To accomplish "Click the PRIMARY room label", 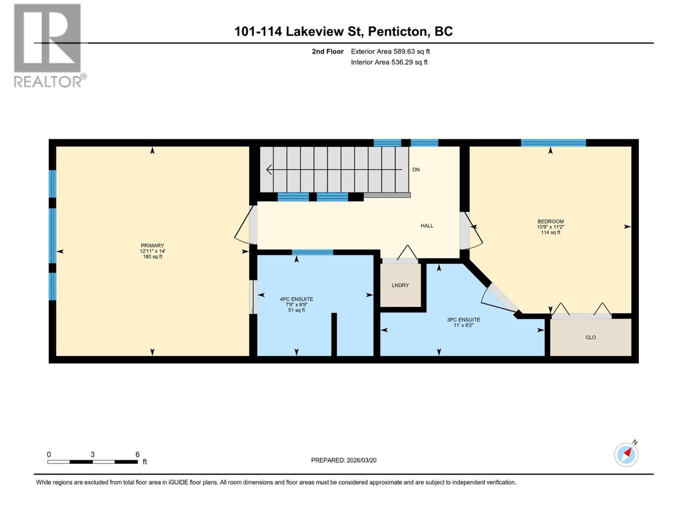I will (152, 246).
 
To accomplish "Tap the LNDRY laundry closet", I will (400, 285).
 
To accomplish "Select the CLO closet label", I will (590, 338).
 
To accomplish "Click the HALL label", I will (427, 226).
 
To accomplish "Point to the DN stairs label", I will (416, 170).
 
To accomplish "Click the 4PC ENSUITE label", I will (296, 299).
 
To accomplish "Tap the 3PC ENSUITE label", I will (463, 320).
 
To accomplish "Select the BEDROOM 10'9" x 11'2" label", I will (550, 227).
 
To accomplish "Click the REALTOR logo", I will (48, 45).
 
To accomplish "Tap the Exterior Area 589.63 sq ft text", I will (390, 52).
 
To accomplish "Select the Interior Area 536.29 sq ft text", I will (389, 62).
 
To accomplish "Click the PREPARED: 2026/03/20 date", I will (344, 460).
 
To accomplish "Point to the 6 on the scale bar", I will (138, 455).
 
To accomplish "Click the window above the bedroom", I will (553, 143).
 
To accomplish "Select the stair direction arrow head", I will (269, 170).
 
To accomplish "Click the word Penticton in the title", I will (399, 31).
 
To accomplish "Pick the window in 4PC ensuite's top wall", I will (312, 252).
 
